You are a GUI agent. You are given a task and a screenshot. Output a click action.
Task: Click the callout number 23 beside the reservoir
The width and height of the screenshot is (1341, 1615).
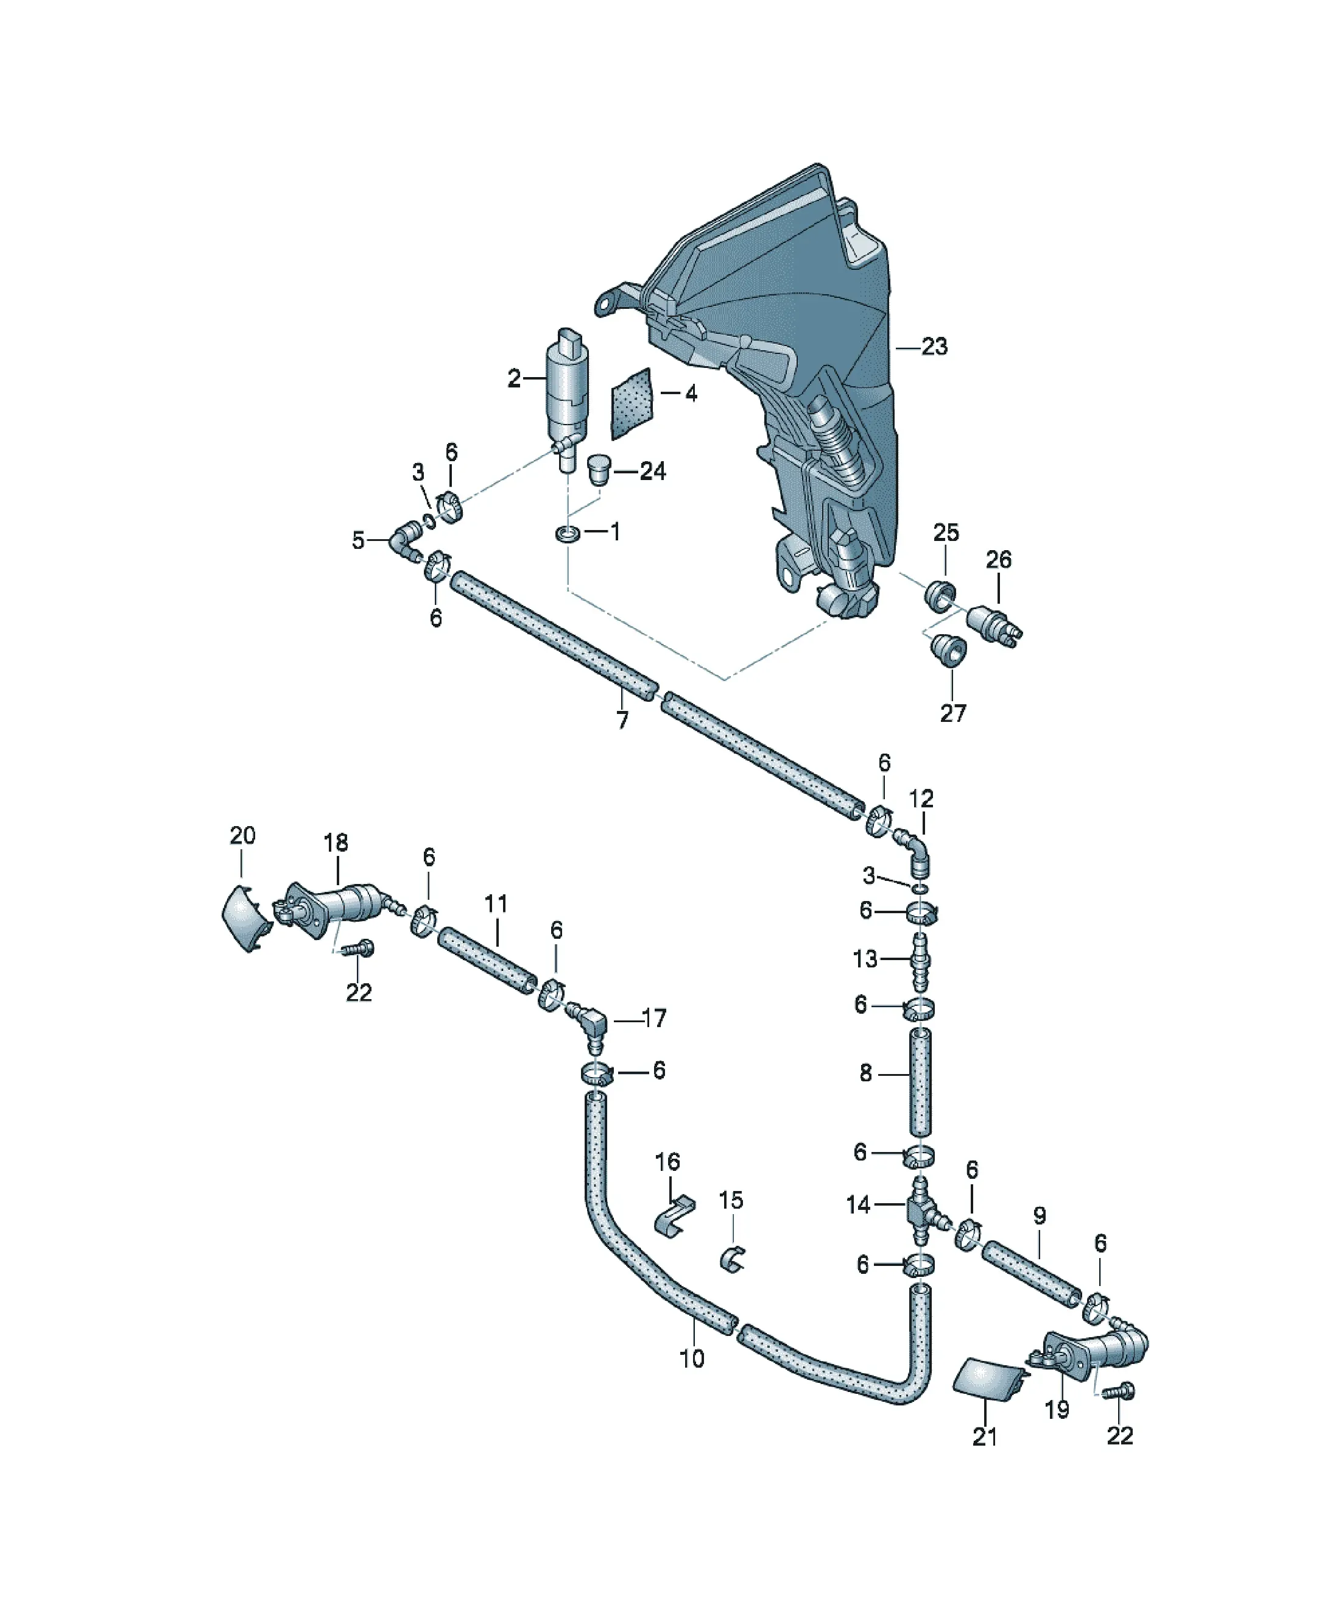(934, 347)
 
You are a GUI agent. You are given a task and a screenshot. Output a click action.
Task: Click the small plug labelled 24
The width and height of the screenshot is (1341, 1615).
(597, 468)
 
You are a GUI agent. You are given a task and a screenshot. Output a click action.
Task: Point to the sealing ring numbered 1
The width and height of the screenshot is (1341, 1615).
(568, 533)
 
